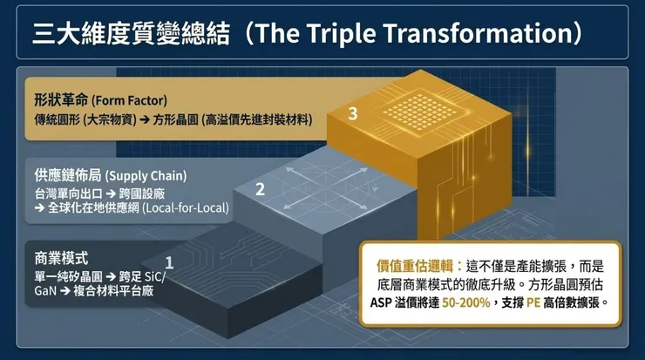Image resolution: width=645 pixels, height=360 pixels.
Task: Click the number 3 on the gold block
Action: pyautogui.click(x=353, y=113)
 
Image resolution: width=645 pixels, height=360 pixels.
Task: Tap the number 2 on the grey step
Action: pyautogui.click(x=260, y=189)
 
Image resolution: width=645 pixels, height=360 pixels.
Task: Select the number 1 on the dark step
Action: pyautogui.click(x=169, y=262)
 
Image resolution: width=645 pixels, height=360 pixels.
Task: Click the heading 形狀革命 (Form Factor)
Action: pyautogui.click(x=101, y=100)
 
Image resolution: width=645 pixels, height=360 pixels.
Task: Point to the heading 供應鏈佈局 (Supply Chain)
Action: pyautogui.click(x=110, y=176)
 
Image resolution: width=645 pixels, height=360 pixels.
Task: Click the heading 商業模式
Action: pyautogui.click(x=61, y=258)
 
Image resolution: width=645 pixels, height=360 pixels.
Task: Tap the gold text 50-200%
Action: pyautogui.click(x=466, y=302)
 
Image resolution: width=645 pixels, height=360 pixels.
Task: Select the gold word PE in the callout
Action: pyautogui.click(x=533, y=302)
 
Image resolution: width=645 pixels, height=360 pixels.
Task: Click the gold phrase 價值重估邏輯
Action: pyautogui.click(x=415, y=266)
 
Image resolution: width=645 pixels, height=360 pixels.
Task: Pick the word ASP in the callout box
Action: pyautogui.click(x=381, y=302)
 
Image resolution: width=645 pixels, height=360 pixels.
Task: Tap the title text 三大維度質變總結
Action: pyautogui.click(x=131, y=33)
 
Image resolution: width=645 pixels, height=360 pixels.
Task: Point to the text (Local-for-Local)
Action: pyautogui.click(x=186, y=207)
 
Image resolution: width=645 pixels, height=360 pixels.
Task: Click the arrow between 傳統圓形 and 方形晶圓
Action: pyautogui.click(x=145, y=120)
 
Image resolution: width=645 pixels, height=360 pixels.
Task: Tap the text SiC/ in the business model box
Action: pyautogui.click(x=155, y=276)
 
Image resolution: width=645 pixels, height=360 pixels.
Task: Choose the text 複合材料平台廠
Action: pyautogui.click(x=113, y=291)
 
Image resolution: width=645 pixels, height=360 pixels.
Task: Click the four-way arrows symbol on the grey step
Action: pyautogui.click(x=326, y=187)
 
